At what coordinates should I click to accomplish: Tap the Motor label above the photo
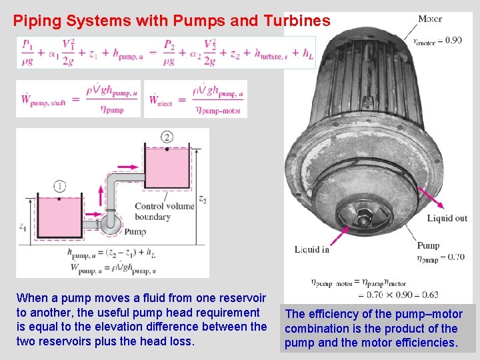coord(429,19)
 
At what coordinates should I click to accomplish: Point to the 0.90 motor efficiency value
coord(453,40)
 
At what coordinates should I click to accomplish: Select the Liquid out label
coord(447,218)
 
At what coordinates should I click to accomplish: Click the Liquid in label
coord(312,249)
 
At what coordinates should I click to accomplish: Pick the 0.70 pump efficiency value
coord(455,257)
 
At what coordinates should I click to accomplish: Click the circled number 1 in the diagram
coord(61,187)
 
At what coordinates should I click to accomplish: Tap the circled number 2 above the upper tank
coord(167,137)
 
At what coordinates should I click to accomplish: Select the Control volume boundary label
coord(163,211)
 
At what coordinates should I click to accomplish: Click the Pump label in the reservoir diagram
coord(135,232)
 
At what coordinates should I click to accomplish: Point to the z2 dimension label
coord(202,199)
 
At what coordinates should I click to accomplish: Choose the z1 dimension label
coord(23,227)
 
